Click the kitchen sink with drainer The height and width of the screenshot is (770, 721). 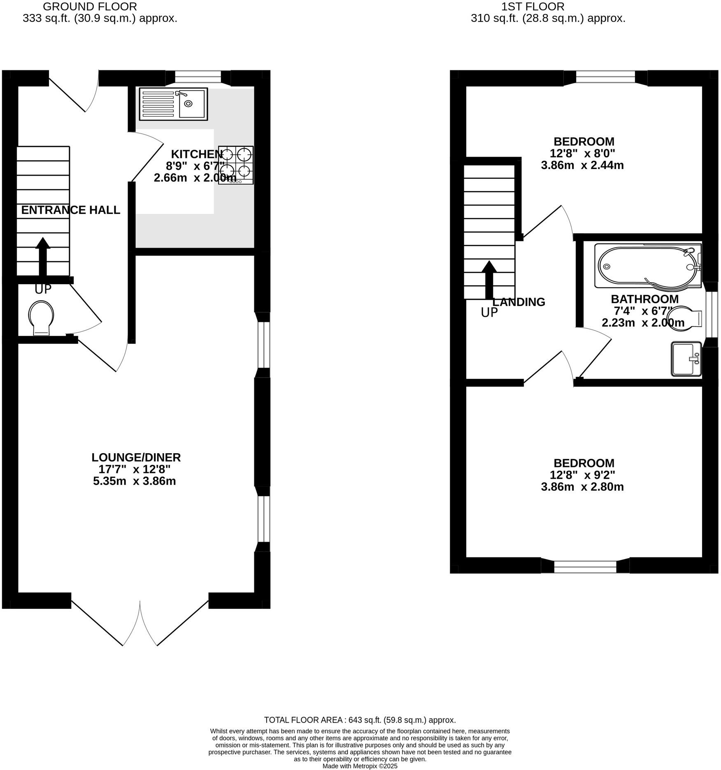pos(173,104)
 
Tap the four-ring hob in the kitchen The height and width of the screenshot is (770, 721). pos(236,165)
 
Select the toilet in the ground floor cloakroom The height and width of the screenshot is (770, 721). pos(41,318)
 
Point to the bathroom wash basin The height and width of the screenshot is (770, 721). pos(686,359)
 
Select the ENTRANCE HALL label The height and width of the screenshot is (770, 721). pos(70,210)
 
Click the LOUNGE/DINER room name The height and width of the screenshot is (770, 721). pos(136,457)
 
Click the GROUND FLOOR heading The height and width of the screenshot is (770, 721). pos(90,7)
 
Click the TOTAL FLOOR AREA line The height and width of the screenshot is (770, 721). pos(360,720)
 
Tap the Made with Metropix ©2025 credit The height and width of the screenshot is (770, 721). pos(360,766)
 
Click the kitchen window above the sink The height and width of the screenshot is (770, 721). pos(198,77)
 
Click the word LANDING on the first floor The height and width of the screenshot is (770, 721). pos(519,302)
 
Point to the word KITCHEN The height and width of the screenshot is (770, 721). pos(196,154)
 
